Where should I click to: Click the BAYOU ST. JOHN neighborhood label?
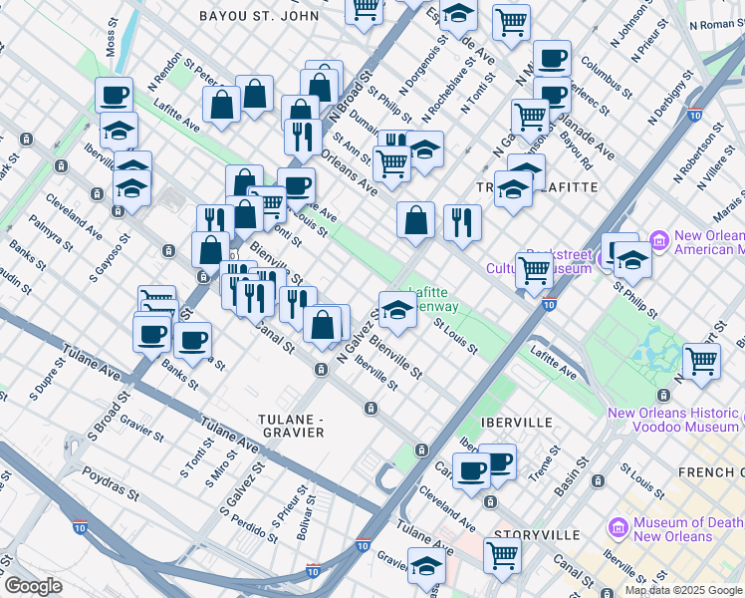pyautogui.click(x=259, y=16)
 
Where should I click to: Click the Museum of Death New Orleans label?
pyautogui.click(x=688, y=528)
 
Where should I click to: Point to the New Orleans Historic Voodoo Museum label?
pyautogui.click(x=673, y=420)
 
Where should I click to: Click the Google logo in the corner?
pyautogui.click(x=32, y=586)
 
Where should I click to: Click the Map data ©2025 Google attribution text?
pyautogui.click(x=683, y=590)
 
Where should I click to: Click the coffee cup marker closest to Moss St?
pyautogui.click(x=114, y=95)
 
